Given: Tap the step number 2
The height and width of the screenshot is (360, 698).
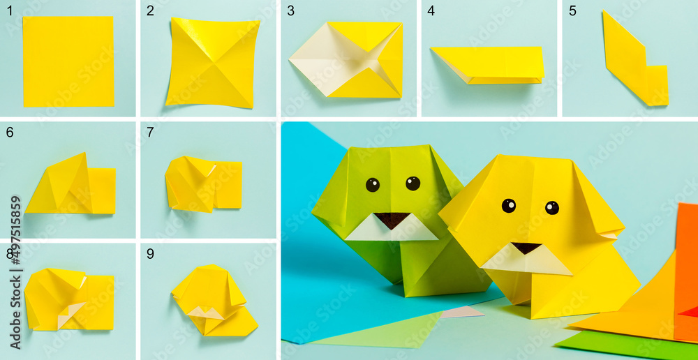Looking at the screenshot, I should (x=150, y=10).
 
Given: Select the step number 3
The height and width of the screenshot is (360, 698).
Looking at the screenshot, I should (x=290, y=10).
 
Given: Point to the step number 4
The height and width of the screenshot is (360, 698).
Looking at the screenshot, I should (x=431, y=10).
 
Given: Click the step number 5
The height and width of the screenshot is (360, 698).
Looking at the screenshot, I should (x=572, y=10).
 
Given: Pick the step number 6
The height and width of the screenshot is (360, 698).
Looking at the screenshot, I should (x=10, y=132).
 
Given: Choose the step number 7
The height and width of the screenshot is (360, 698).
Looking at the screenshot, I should (x=150, y=132).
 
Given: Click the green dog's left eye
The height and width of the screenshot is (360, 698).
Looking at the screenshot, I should (x=373, y=185).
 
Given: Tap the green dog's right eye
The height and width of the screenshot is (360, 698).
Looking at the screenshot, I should (x=413, y=183).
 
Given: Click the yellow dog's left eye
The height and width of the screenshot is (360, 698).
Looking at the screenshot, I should (x=509, y=205).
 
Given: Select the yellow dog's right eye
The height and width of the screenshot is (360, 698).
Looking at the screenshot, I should (x=551, y=207).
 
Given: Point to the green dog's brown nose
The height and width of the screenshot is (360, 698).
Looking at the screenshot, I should (x=392, y=219).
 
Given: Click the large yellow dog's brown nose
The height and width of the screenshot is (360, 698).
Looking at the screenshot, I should (x=526, y=248).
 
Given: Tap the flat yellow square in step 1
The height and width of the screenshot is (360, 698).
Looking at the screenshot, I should (x=68, y=61).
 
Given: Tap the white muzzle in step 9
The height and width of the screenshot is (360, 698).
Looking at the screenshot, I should (x=206, y=312).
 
